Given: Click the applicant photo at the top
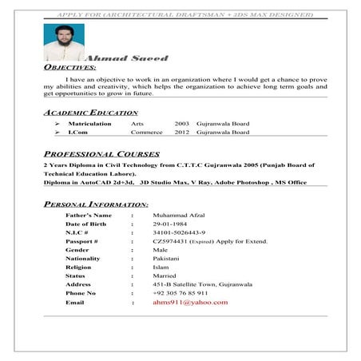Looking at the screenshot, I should click(x=65, y=42).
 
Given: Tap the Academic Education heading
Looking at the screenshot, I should click(x=92, y=113).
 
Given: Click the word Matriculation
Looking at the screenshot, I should click(x=89, y=125).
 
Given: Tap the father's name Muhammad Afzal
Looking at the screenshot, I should click(x=183, y=216).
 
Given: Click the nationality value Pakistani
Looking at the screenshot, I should click(x=168, y=259).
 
